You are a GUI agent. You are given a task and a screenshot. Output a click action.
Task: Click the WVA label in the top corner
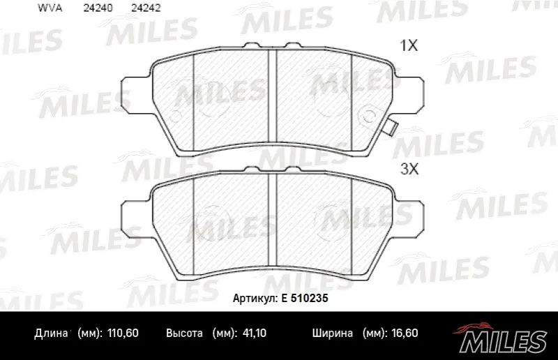click(50, 8)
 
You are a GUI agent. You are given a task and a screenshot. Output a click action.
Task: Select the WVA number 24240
click(98, 8)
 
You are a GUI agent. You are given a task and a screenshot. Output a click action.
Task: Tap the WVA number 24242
click(146, 8)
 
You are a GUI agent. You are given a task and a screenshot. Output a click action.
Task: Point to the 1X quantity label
click(409, 45)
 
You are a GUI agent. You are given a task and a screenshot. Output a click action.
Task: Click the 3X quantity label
click(409, 169)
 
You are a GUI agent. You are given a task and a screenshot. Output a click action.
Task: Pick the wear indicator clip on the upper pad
click(391, 127)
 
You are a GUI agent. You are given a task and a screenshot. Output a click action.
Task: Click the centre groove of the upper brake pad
click(272, 99)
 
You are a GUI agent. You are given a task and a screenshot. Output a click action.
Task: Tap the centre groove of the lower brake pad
click(272, 220)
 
